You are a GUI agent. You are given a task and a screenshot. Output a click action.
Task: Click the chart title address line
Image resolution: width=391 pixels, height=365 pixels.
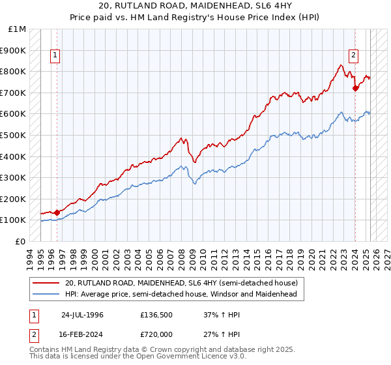click(x=195, y=5)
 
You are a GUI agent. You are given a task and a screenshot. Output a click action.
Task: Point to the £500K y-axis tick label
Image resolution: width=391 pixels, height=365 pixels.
click(x=14, y=136)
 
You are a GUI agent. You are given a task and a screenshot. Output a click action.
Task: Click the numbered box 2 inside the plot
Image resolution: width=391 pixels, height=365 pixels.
click(x=353, y=56)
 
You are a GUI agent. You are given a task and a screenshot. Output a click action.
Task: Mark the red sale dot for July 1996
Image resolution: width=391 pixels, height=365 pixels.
click(x=57, y=212)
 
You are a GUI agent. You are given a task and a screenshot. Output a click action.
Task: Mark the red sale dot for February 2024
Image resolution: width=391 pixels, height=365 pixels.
click(x=355, y=88)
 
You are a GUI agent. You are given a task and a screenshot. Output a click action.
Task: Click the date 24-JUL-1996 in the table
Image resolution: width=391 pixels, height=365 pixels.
click(x=82, y=314)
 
